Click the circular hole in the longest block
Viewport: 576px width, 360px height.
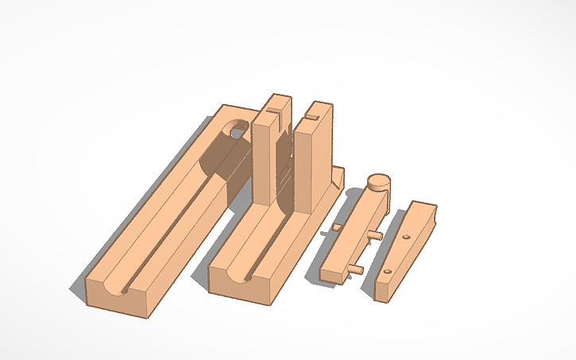(x=236, y=128)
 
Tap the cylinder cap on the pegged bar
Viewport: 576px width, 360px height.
(x=379, y=182)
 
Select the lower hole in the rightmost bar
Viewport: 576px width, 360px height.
(x=387, y=272)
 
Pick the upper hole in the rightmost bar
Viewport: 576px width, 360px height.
(x=406, y=238)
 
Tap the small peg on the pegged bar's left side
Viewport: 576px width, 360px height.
(x=336, y=227)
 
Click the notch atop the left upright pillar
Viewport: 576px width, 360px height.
(x=276, y=101)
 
